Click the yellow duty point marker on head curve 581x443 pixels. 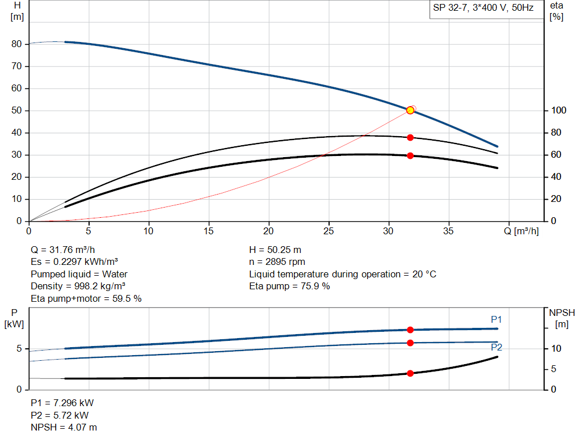pyautogui.click(x=410, y=110)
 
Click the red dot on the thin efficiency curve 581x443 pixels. pyautogui.click(x=410, y=137)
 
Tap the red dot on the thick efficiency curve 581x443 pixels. pyautogui.click(x=410, y=155)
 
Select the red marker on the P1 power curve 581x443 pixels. pyautogui.click(x=410, y=330)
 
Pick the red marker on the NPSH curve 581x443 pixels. pyautogui.click(x=410, y=373)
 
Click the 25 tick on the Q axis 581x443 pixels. pyautogui.click(x=329, y=231)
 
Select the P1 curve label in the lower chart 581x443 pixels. pyautogui.click(x=496, y=320)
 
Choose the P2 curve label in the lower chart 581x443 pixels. pyautogui.click(x=496, y=347)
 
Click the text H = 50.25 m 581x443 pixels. pyautogui.click(x=276, y=250)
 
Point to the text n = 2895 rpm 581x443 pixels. pyautogui.click(x=277, y=262)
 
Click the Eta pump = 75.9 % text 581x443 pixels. pyautogui.click(x=289, y=286)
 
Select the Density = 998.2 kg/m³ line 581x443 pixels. pyautogui.click(x=78, y=286)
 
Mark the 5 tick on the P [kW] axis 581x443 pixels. pyautogui.click(x=18, y=349)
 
